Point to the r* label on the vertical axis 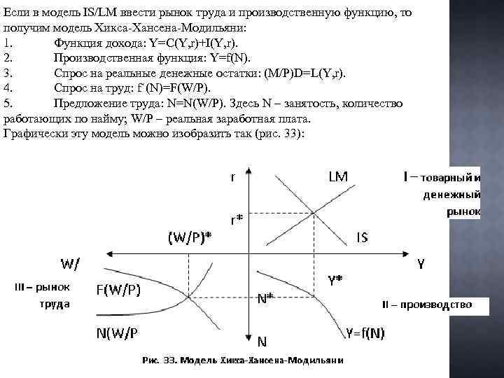pyautogui.click(x=237, y=219)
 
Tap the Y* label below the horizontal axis pyautogui.click(x=335, y=280)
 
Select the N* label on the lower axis pyautogui.click(x=265, y=297)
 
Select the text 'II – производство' pyautogui.click(x=426, y=304)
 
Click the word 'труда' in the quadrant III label pyautogui.click(x=54, y=304)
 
